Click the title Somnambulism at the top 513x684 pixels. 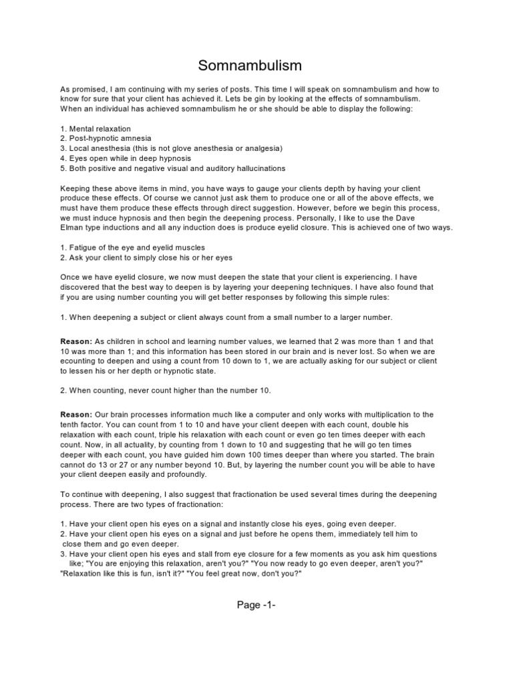(x=250, y=65)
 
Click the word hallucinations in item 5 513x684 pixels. (x=254, y=168)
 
